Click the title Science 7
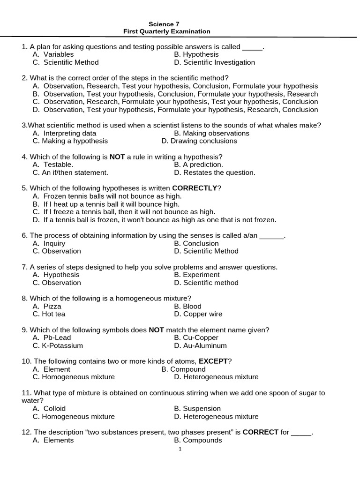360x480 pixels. click(164, 23)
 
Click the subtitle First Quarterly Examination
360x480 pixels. click(167, 31)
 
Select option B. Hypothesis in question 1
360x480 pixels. click(196, 54)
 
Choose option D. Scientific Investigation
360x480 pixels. click(214, 62)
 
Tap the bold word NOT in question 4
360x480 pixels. click(117, 157)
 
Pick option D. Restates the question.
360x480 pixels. click(215, 172)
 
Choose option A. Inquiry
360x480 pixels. click(49, 243)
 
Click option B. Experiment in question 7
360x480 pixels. click(196, 275)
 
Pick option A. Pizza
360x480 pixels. click(47, 306)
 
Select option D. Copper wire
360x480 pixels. click(198, 314)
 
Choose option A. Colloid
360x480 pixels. click(49, 408)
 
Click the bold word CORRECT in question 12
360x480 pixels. click(260, 432)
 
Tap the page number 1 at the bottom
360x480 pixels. click(180, 449)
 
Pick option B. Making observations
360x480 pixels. click(211, 133)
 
